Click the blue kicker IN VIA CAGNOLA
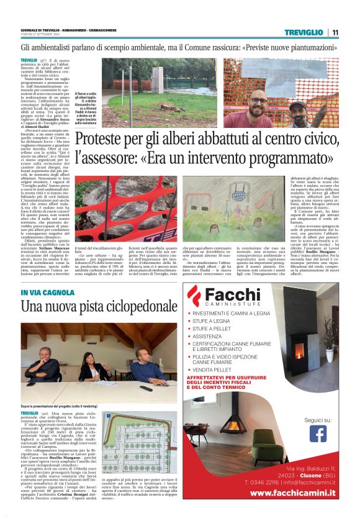pos(48,293)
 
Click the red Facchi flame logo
pos(196,296)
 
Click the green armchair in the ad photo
pos(268,445)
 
